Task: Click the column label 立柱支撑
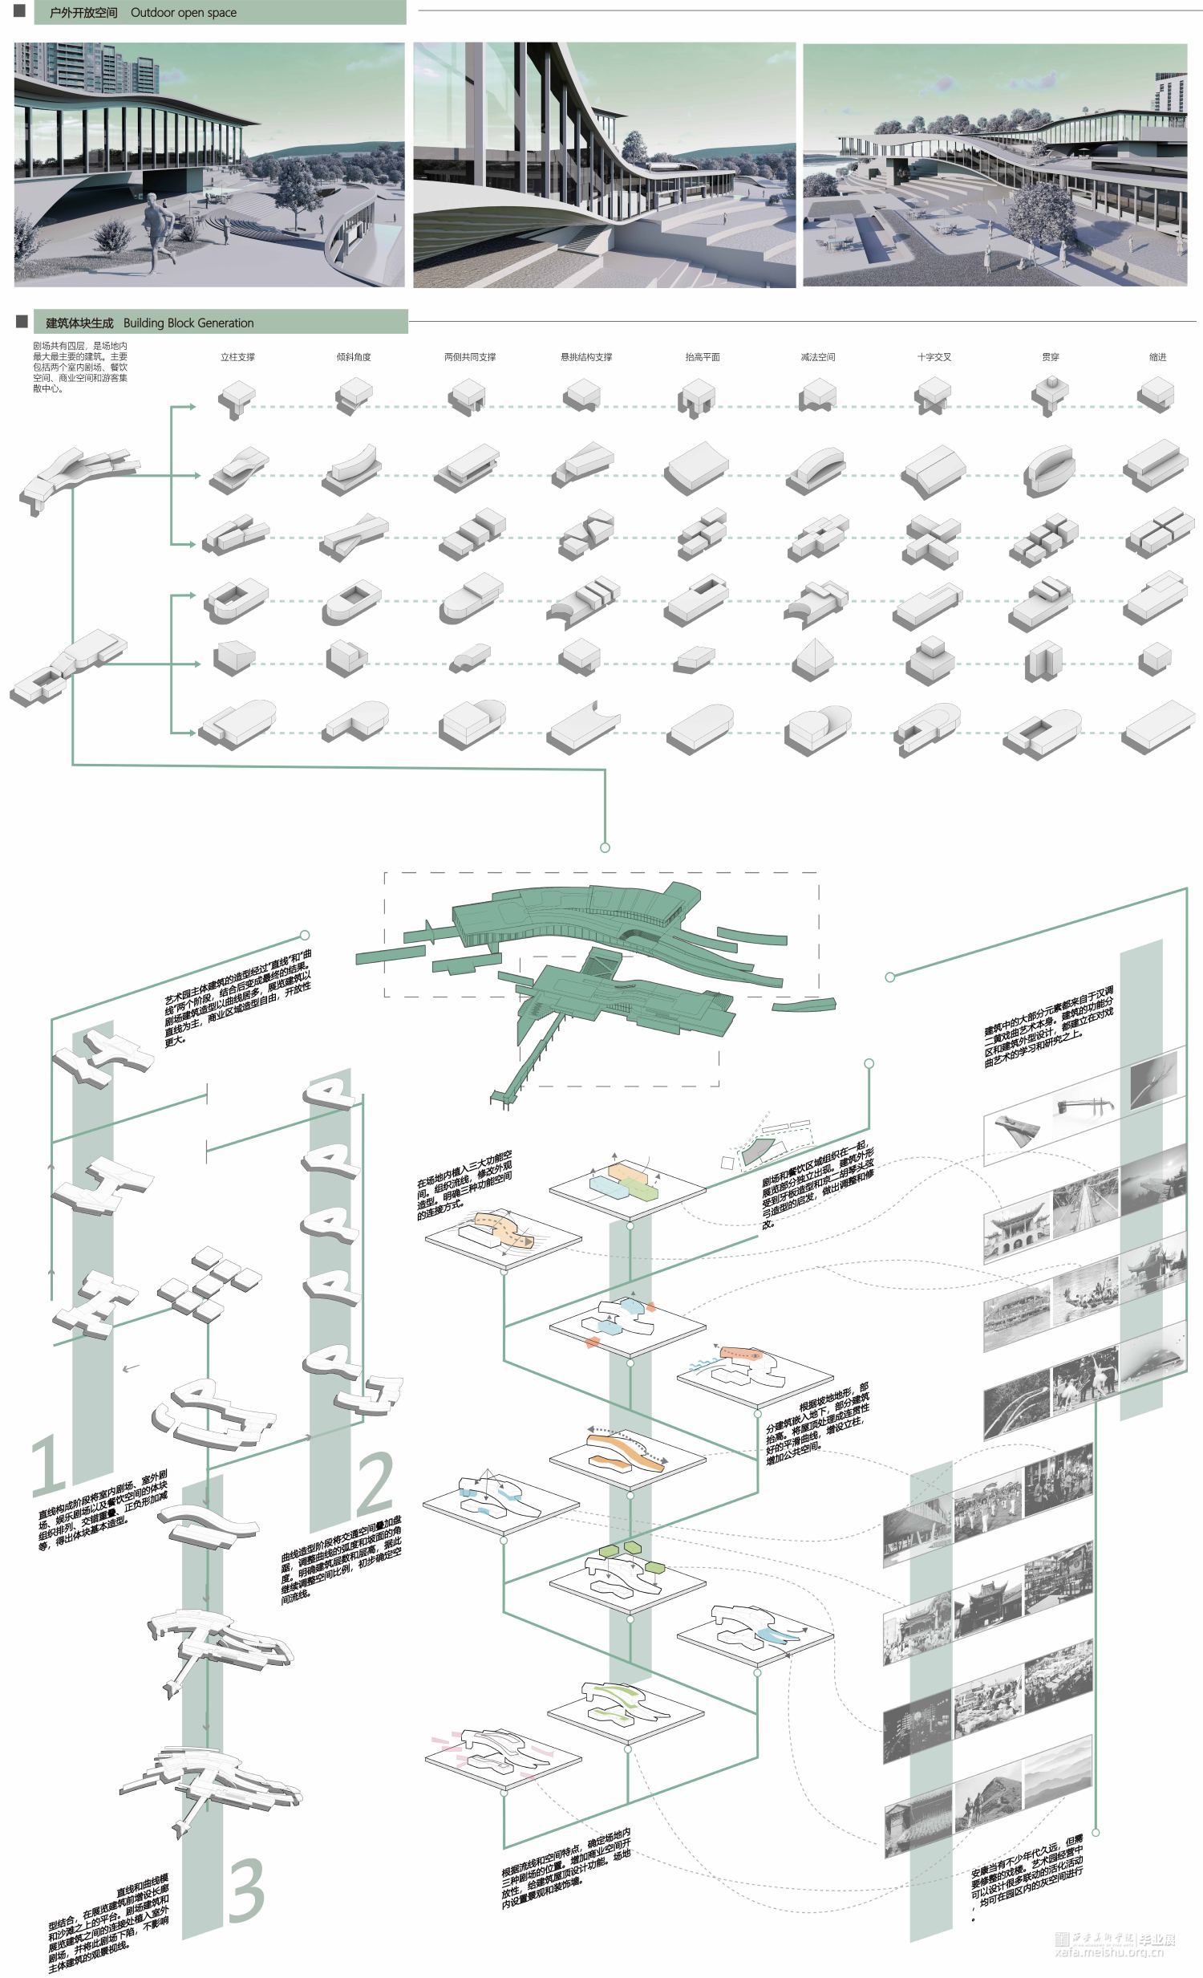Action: [x=237, y=357]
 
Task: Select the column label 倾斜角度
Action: [x=353, y=357]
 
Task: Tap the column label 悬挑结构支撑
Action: [x=585, y=357]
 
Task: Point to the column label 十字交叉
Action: [x=934, y=357]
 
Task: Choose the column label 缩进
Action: [x=1157, y=357]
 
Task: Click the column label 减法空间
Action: [x=818, y=357]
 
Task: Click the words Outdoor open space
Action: [x=184, y=13]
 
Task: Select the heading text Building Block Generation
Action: [x=188, y=323]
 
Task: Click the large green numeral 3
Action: [x=246, y=1891]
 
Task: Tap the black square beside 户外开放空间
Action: [x=20, y=11]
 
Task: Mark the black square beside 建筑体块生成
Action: [x=22, y=322]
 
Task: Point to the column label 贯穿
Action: [x=1050, y=357]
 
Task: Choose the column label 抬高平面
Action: [x=703, y=357]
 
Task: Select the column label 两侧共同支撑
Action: [x=469, y=357]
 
